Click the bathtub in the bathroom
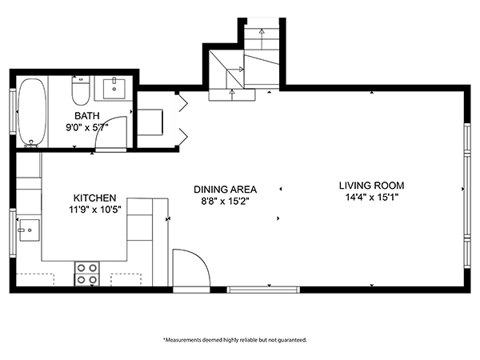click(x=32, y=112)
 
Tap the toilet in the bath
click(x=80, y=93)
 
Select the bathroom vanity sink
click(x=114, y=86)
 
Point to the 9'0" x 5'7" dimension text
click(x=87, y=126)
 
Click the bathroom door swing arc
click(x=107, y=138)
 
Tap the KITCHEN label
click(x=95, y=198)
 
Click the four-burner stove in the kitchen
click(x=86, y=274)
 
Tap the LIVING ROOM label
click(x=370, y=185)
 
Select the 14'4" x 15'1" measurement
click(x=370, y=197)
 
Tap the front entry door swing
click(x=192, y=270)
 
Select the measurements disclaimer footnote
click(x=234, y=339)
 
